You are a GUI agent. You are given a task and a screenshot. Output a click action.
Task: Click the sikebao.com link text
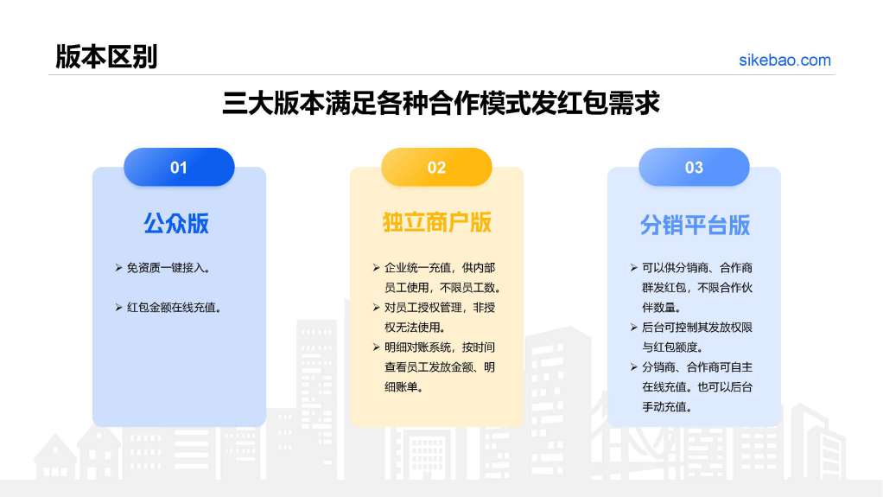coord(785,61)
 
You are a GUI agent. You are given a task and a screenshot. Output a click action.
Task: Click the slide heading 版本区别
coord(106,57)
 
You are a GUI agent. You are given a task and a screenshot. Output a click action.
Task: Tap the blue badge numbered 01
coord(179,168)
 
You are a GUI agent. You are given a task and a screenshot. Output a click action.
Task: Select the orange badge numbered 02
coord(436,168)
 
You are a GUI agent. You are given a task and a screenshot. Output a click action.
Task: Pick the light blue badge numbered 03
coord(694,168)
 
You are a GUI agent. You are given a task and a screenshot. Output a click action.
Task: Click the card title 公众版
coord(176,223)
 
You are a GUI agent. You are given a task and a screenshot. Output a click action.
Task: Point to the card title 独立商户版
coord(437,222)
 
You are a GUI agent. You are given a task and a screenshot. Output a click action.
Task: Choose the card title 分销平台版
coord(695,225)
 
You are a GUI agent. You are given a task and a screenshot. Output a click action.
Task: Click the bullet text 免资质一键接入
coord(168,268)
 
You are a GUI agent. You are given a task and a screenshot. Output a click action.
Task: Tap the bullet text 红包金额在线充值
coord(174,308)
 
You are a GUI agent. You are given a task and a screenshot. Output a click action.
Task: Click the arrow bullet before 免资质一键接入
coord(118,268)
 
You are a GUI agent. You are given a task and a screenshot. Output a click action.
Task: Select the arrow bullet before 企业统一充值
coord(376,268)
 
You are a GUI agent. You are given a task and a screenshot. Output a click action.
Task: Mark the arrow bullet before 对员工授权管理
coord(376,308)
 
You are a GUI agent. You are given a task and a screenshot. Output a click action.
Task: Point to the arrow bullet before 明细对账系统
coord(376,347)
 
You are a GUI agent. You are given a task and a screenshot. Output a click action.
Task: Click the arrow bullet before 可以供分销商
coord(633,268)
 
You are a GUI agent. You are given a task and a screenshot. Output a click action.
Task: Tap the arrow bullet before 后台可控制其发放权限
coord(633,328)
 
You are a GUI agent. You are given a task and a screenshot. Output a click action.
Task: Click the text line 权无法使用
coord(415,328)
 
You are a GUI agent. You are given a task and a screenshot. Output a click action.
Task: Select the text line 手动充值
coord(667,407)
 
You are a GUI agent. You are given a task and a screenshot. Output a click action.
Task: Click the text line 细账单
coord(403,387)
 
